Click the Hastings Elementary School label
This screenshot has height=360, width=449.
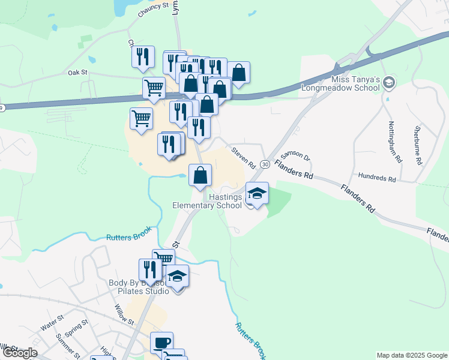[207, 201]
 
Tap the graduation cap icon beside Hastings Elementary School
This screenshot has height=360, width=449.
[257, 194]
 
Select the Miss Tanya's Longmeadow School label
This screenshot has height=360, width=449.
[356, 83]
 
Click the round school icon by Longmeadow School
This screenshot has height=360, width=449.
[389, 82]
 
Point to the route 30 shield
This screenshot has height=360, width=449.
[265, 172]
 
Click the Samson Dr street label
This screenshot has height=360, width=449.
[294, 157]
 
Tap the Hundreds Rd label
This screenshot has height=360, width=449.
[376, 179]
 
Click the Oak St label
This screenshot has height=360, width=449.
[78, 72]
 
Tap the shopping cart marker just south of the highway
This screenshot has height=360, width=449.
[141, 118]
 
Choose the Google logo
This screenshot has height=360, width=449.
[19, 353]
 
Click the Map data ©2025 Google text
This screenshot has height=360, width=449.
[412, 355]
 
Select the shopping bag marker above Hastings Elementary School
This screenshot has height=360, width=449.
[200, 175]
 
